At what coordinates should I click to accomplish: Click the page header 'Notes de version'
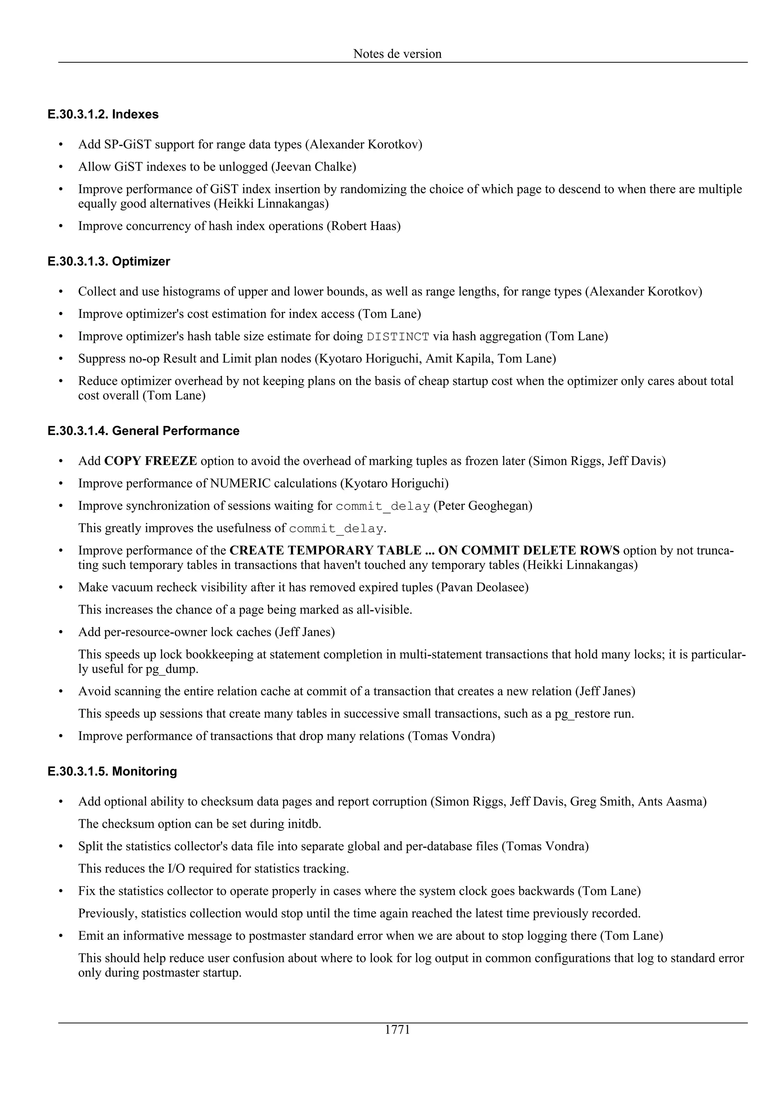click(397, 54)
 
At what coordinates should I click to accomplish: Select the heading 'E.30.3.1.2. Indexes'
click(103, 114)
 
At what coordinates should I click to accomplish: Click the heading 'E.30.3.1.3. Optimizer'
click(109, 262)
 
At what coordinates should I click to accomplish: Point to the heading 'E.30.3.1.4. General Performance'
click(144, 431)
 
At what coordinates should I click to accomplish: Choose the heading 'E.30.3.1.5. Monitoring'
click(112, 771)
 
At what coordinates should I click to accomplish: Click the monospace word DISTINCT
click(398, 336)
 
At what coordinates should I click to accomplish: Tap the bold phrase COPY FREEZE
click(151, 461)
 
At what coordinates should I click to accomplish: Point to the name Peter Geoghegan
click(482, 506)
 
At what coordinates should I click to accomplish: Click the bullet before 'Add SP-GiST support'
click(61, 145)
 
